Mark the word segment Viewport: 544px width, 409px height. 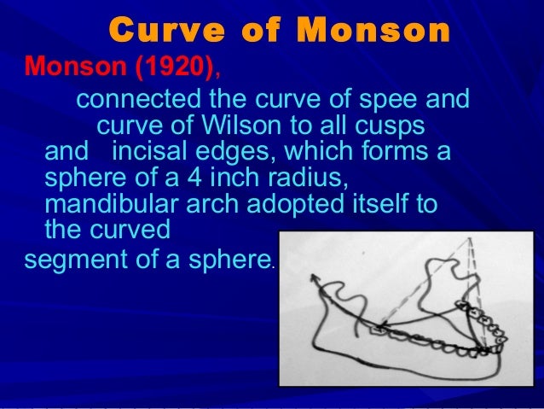pyautogui.click(x=73, y=260)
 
